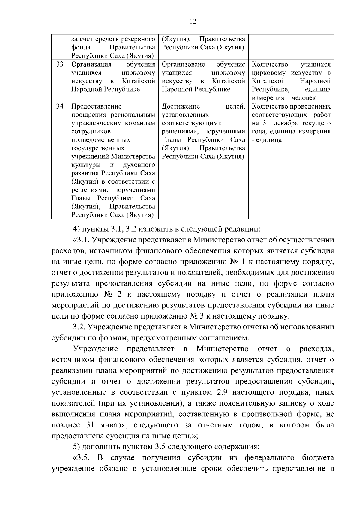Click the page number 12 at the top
(193, 21)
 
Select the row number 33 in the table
(60, 64)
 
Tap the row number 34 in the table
(60, 106)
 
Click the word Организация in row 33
(91, 64)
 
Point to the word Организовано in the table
(183, 64)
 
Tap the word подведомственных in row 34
(101, 140)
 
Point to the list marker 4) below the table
(77, 229)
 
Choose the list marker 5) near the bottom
(77, 447)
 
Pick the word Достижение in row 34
(181, 106)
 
